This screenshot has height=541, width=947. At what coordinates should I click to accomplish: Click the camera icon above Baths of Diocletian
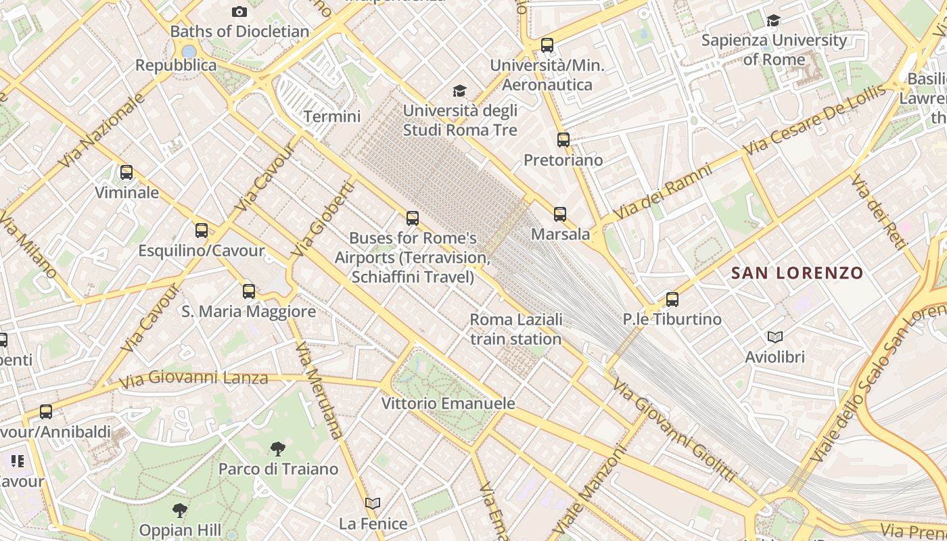[x=239, y=11]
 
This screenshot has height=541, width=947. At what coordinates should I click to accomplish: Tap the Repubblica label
[x=176, y=66]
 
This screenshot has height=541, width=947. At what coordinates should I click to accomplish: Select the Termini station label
[x=331, y=116]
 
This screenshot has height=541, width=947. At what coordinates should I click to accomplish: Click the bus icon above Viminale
[x=126, y=172]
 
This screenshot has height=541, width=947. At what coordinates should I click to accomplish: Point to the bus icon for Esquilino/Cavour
[x=202, y=231]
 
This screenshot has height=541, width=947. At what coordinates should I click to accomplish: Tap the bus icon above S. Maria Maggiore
[x=249, y=291]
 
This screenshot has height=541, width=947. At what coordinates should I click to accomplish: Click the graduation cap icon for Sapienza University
[x=773, y=21]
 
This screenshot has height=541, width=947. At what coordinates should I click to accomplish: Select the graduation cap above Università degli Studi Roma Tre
[x=460, y=91]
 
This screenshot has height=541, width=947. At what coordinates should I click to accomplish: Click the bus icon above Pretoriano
[x=563, y=140]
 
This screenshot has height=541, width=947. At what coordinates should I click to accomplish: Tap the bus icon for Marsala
[x=560, y=214]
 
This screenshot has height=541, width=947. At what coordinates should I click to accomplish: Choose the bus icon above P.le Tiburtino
[x=672, y=299]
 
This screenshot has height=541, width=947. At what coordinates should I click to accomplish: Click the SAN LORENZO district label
[x=798, y=273]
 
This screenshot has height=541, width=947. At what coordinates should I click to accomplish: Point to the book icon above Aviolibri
[x=775, y=337]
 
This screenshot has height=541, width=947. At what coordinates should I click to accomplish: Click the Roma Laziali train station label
[x=515, y=329]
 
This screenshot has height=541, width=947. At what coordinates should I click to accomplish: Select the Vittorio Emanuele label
[x=448, y=404]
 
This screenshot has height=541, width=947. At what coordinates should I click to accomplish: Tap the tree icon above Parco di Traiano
[x=277, y=448]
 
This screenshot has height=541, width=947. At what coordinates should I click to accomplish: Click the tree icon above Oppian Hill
[x=179, y=509]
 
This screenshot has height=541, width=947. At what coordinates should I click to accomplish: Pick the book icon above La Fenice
[x=373, y=503]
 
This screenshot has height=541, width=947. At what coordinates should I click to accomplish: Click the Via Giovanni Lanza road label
[x=193, y=378]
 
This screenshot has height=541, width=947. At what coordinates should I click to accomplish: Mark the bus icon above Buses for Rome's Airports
[x=413, y=218]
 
